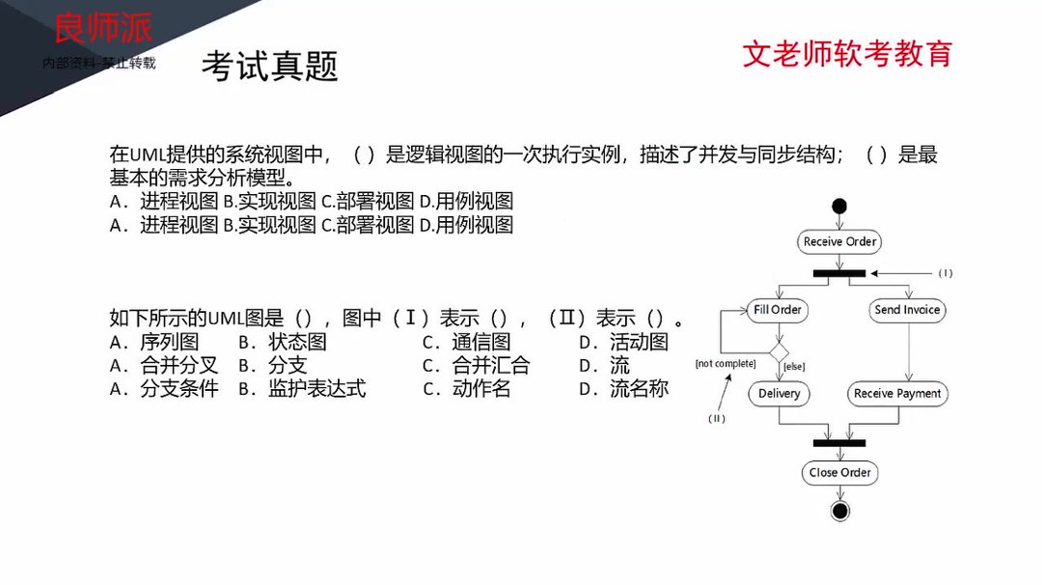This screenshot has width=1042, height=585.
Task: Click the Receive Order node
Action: click(x=839, y=241)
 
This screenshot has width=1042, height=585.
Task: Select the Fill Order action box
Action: click(x=778, y=310)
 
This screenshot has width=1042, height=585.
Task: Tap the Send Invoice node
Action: click(x=907, y=310)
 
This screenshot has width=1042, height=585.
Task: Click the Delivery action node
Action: click(x=779, y=394)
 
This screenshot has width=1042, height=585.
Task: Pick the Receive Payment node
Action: click(x=897, y=394)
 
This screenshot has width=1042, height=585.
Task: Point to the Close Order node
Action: click(x=839, y=472)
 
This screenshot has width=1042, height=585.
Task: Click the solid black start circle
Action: click(x=839, y=206)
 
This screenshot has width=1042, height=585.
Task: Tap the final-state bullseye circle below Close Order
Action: click(x=839, y=511)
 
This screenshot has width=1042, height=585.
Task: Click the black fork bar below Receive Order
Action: click(x=839, y=273)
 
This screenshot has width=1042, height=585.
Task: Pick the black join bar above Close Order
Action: click(x=839, y=443)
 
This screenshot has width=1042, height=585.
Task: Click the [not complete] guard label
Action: click(x=726, y=364)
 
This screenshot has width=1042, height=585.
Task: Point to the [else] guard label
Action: click(x=795, y=367)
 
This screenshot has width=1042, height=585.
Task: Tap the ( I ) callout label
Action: click(x=945, y=273)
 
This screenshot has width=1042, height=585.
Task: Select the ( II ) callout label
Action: click(x=716, y=418)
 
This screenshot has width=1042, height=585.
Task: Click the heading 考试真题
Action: click(x=269, y=67)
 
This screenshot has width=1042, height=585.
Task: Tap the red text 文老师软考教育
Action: click(x=846, y=53)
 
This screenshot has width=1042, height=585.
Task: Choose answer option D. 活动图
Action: click(x=623, y=342)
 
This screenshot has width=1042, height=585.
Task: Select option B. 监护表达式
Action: click(x=302, y=389)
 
